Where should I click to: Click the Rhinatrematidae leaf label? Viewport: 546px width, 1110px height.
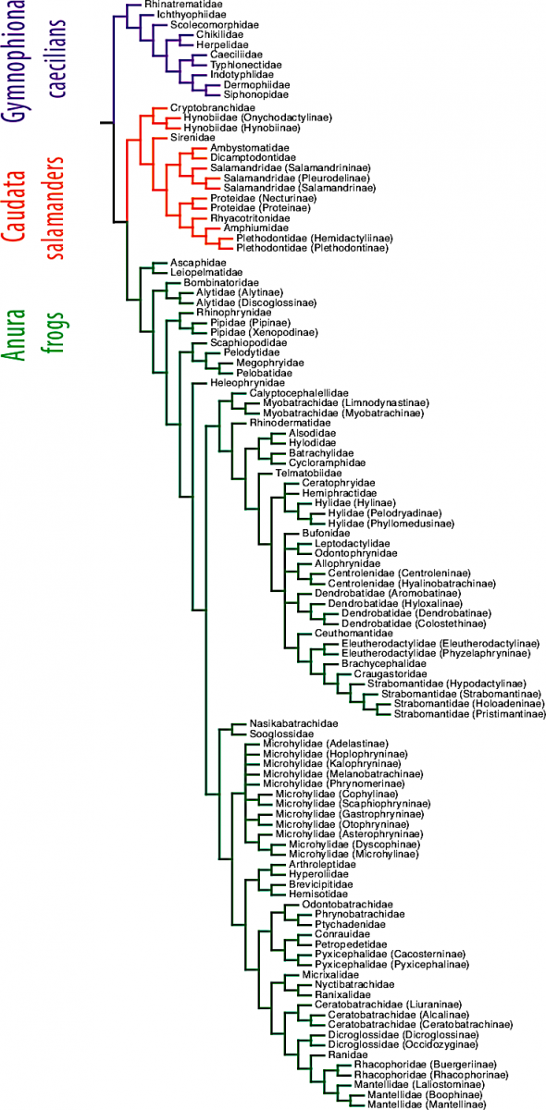183,5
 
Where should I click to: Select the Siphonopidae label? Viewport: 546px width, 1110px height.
256,94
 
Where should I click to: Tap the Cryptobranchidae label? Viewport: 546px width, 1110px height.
213,108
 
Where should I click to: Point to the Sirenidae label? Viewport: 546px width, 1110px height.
192,137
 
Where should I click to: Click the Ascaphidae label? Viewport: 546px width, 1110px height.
198,263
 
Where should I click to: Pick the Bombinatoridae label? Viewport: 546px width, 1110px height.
221,283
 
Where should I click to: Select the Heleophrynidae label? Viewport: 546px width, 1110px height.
247,383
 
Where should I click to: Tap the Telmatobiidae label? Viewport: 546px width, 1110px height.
308,474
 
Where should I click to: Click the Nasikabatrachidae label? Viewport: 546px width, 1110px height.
293,724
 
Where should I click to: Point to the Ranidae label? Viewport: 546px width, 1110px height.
348,1054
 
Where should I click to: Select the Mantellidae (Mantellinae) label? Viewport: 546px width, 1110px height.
427,1104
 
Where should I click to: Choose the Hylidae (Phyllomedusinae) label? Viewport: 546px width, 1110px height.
391,524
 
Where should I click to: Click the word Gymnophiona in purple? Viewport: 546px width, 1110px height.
13,60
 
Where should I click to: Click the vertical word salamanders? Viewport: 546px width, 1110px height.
55,207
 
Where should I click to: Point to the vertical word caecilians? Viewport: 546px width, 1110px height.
56,58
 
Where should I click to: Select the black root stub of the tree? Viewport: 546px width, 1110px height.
106,122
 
